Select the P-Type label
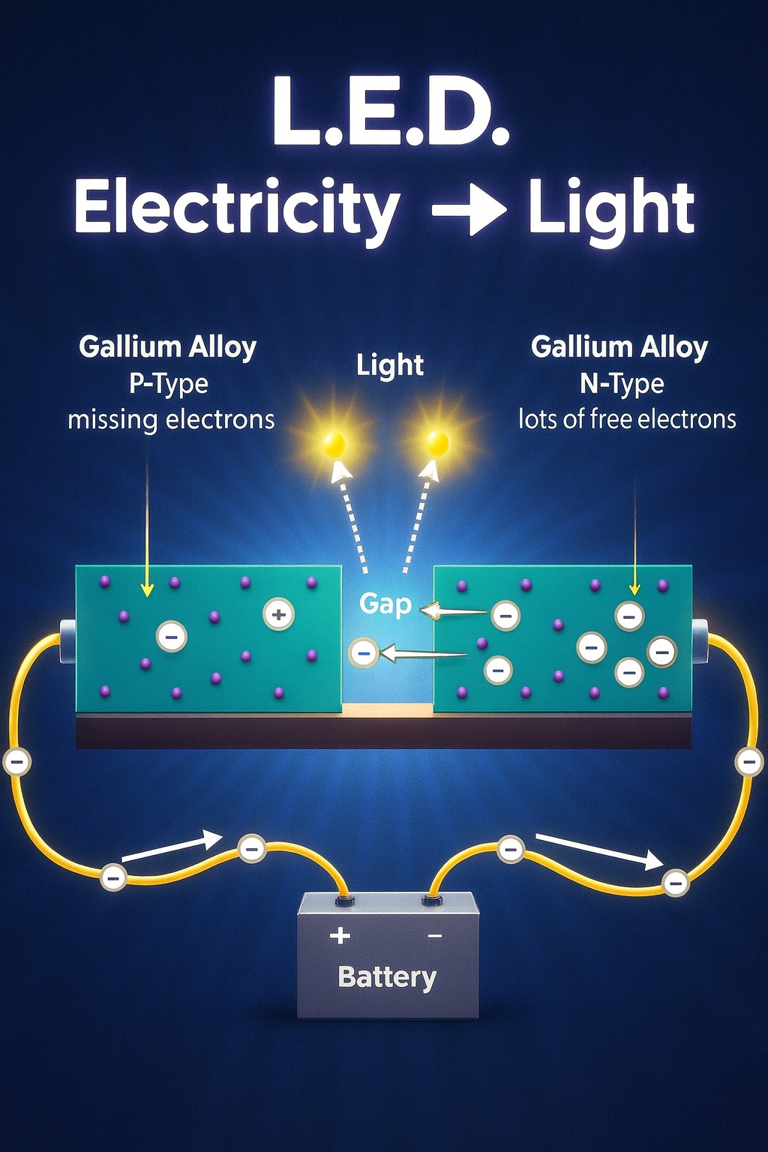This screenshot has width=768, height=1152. click(x=169, y=384)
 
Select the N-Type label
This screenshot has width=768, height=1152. click(x=622, y=384)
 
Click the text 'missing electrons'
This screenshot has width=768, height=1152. click(x=171, y=420)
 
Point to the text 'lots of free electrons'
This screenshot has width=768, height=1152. click(x=628, y=419)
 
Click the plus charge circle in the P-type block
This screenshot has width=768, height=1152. click(x=278, y=614)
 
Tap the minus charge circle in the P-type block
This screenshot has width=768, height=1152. click(x=171, y=637)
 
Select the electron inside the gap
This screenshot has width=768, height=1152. click(x=364, y=653)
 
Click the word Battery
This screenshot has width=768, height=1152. click(x=387, y=977)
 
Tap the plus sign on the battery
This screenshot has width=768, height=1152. click(x=340, y=935)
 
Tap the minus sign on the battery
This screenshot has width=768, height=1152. click(x=435, y=936)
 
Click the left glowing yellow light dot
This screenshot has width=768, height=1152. click(x=334, y=443)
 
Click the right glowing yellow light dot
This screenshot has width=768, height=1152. click(x=438, y=443)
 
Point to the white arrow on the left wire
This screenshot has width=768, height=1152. click(x=172, y=846)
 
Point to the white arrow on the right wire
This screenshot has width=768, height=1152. click(x=600, y=852)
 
